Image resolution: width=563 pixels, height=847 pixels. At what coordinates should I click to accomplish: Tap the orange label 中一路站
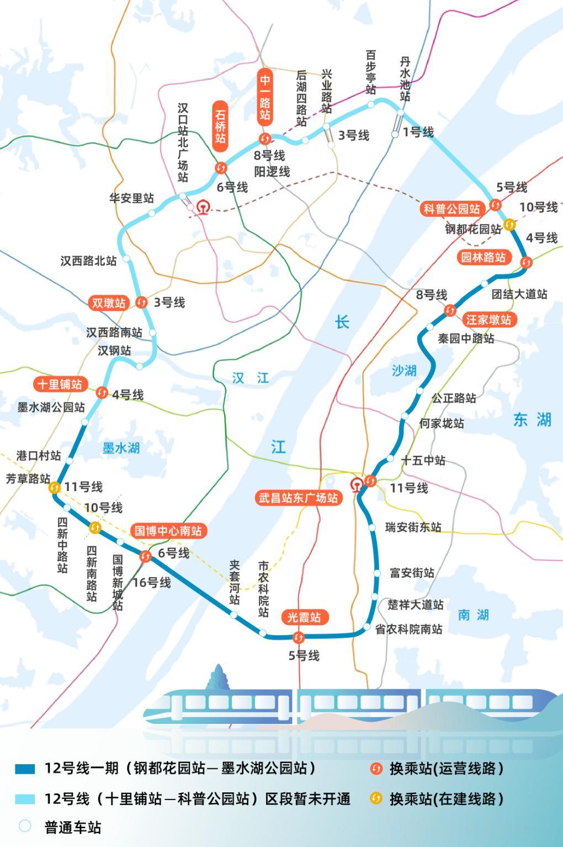point(265,98)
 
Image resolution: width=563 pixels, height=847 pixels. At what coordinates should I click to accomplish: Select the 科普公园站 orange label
point(452,209)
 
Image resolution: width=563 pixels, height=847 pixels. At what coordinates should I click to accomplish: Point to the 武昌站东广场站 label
point(298,498)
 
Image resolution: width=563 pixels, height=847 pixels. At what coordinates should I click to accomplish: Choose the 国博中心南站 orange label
point(168,531)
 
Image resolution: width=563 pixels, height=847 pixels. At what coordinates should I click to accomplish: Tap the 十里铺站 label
point(59,384)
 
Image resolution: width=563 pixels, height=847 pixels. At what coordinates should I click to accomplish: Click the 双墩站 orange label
point(109,303)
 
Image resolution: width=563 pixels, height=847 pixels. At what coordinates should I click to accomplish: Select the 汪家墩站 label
point(488,319)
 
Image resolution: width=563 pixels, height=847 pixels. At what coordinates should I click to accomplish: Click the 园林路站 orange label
point(484,257)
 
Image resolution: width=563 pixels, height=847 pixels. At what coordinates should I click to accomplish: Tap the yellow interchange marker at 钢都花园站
point(509,225)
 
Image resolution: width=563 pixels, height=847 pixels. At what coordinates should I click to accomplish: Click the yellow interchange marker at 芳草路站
point(54,487)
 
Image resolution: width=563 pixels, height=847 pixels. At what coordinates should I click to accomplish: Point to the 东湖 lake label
point(532,420)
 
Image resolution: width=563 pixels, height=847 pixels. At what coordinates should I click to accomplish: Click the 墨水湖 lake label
point(121,448)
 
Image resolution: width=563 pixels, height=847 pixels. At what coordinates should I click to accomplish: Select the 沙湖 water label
point(404,370)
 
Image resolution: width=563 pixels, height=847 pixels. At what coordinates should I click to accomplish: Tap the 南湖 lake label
point(473,615)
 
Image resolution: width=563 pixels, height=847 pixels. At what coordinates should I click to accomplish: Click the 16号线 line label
point(152,582)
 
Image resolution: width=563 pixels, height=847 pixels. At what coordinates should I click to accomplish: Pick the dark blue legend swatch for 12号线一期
point(25,769)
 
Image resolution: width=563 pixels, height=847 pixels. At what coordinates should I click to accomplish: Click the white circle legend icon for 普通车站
point(25,826)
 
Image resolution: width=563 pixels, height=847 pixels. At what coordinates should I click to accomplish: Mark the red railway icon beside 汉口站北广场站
point(203,208)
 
